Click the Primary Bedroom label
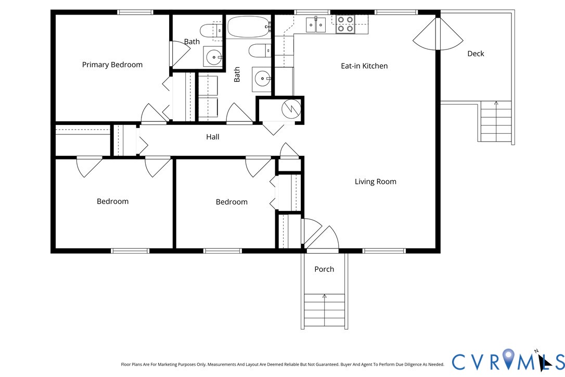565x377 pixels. [112, 65]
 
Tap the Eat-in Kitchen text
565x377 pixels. [364, 66]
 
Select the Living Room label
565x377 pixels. [376, 181]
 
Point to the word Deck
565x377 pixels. [476, 54]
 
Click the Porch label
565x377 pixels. [324, 269]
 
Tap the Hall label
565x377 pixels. [213, 137]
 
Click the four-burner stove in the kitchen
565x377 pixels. [345, 24]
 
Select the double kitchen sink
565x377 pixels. [316, 24]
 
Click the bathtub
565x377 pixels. [249, 27]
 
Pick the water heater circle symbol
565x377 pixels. [291, 109]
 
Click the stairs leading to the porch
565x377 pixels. [324, 310]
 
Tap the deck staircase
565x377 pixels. [496, 121]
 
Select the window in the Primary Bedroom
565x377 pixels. [135, 12]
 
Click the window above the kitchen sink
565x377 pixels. [312, 12]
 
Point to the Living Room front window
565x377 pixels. [384, 251]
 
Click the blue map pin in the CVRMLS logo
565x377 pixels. [508, 358]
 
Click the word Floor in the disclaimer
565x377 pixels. [126, 365]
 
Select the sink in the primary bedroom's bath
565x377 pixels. [214, 57]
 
